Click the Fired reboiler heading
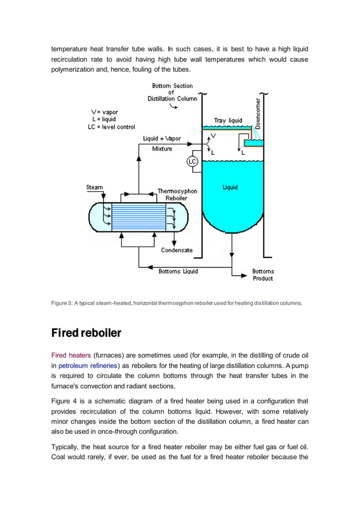pos(86,332)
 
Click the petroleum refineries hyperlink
pos(87,365)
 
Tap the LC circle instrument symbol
pos(192,162)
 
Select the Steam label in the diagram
pos(94,187)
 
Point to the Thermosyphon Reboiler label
pos(177,195)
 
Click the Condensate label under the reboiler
pos(177,250)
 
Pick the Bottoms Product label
pos(263,275)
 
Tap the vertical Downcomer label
pos(257,112)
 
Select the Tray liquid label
pos(228,120)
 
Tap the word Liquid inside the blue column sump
pos(230,187)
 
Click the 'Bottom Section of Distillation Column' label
pos(173,93)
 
